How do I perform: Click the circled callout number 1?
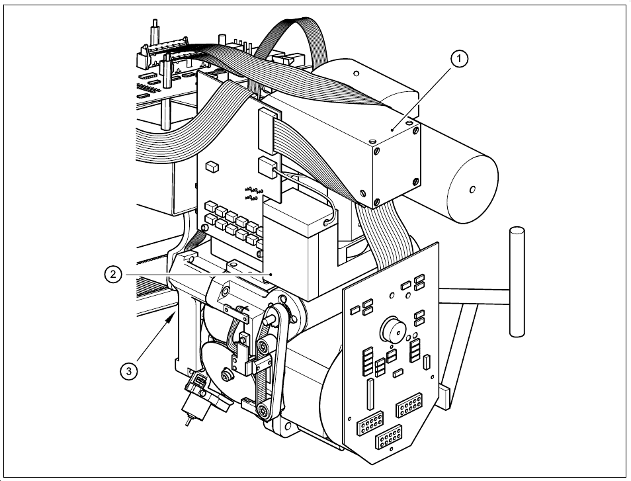tap(460, 59)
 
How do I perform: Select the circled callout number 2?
tap(114, 274)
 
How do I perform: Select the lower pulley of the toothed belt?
tap(265, 411)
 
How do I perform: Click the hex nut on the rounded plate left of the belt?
tap(228, 376)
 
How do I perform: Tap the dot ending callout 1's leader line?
tap(392, 130)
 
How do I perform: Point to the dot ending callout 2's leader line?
tap(272, 274)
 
